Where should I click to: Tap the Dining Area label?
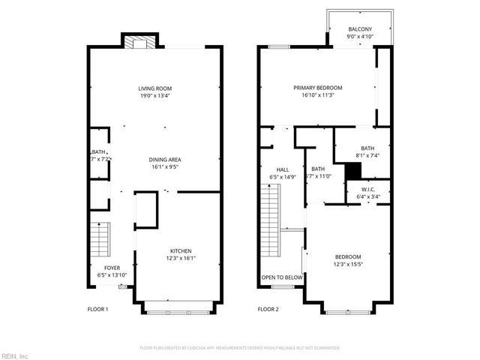pyautogui.click(x=165, y=160)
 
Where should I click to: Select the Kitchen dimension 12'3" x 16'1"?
pyautogui.click(x=180, y=258)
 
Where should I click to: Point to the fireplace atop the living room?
pyautogui.click(x=139, y=42)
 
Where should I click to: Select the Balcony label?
pyautogui.click(x=358, y=30)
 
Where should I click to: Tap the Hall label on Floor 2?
pyautogui.click(x=283, y=170)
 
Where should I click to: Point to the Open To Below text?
pyautogui.click(x=282, y=277)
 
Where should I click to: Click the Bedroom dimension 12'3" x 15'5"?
pyautogui.click(x=348, y=264)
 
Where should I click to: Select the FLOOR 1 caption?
pyautogui.click(x=98, y=309)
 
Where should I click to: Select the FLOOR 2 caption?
pyautogui.click(x=268, y=309)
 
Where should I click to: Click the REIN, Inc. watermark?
pyautogui.click(x=15, y=355)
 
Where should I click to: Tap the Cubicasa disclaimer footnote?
pyautogui.click(x=240, y=348)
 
